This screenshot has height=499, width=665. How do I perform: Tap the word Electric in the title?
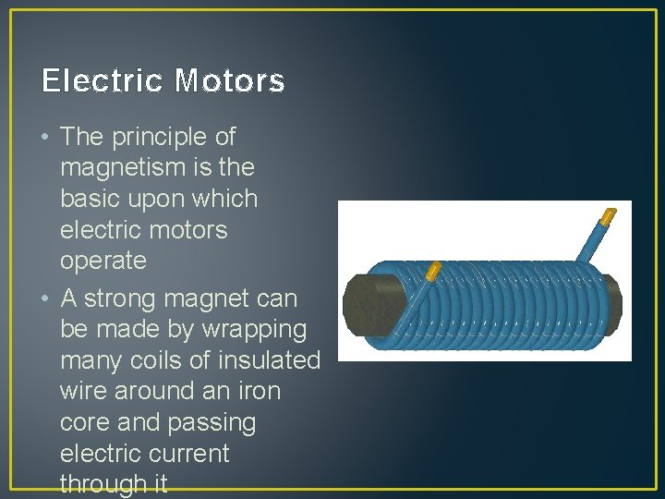(x=103, y=81)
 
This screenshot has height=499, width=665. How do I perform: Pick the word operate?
(x=103, y=261)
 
